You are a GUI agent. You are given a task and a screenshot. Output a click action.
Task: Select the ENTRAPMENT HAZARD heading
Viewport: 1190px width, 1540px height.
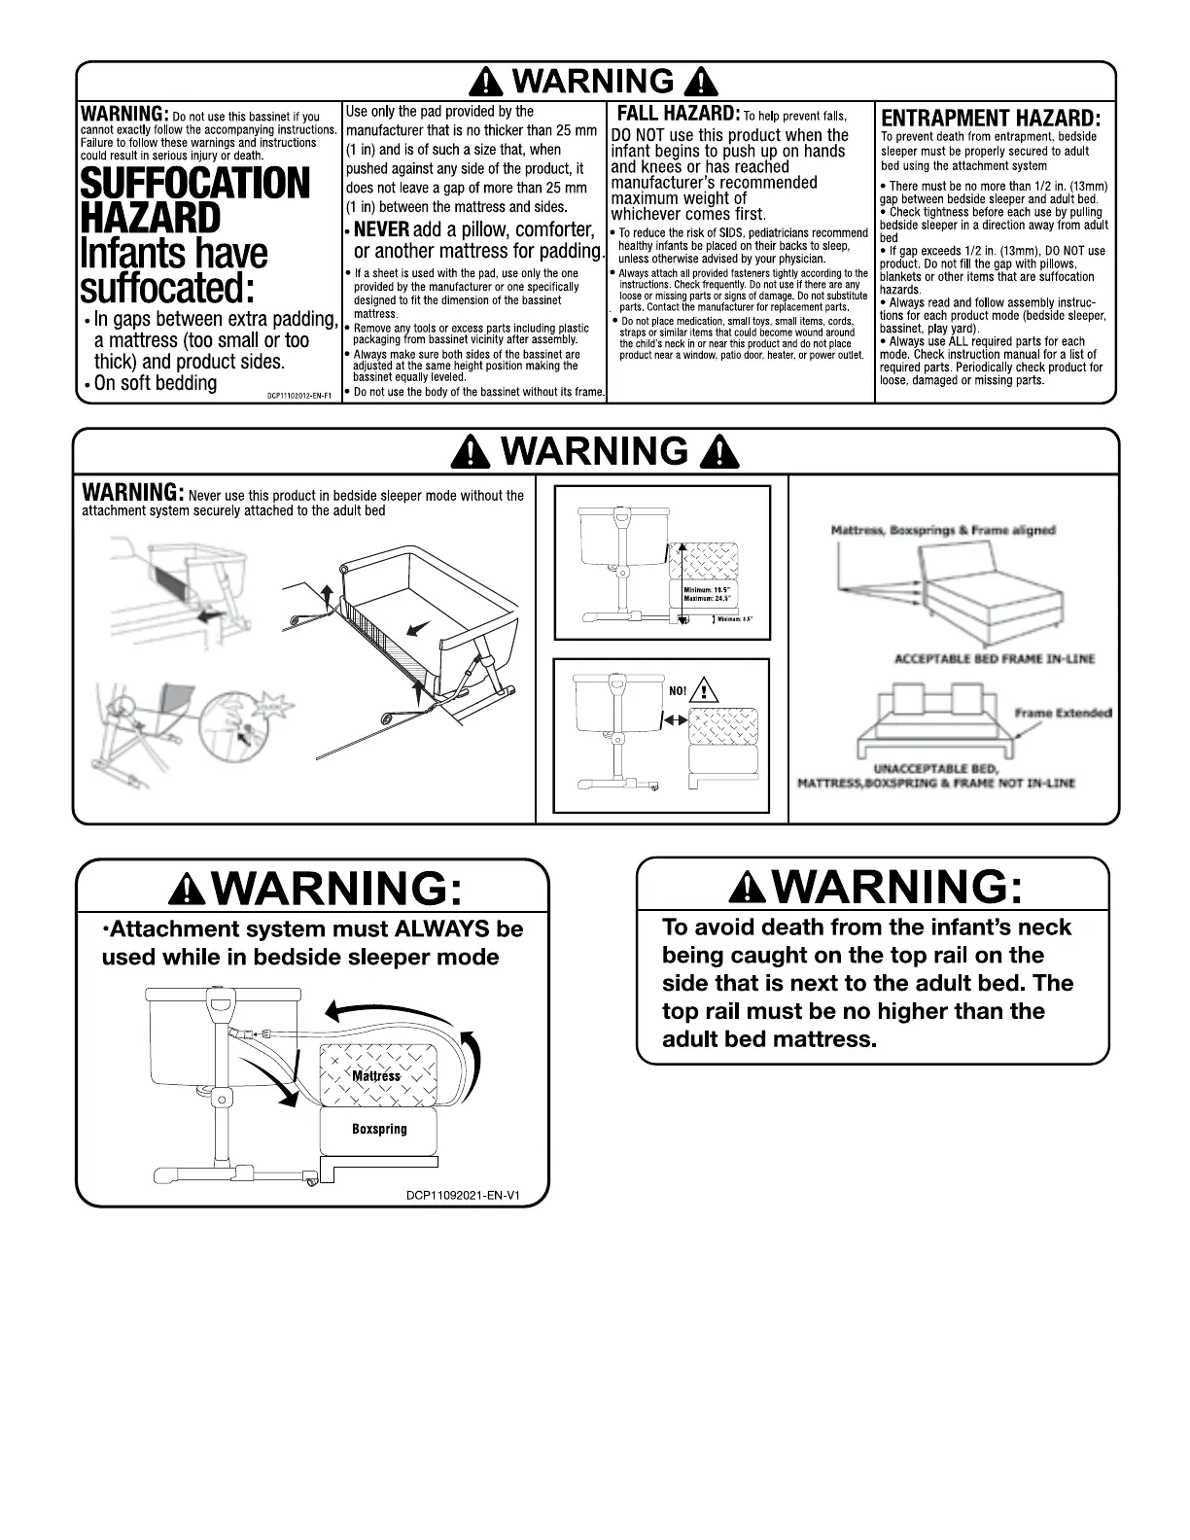click(991, 118)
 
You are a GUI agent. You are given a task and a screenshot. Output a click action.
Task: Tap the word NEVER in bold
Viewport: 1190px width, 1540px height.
click(381, 230)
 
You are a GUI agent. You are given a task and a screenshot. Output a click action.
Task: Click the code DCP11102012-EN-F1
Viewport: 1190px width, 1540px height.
click(300, 396)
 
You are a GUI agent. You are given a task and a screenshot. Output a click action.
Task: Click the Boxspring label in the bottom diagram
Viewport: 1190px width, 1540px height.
click(379, 1130)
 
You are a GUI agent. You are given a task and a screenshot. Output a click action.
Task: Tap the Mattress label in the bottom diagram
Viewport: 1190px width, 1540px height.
click(376, 1076)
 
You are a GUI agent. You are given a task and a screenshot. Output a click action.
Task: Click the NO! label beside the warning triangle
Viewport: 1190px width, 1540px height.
click(677, 692)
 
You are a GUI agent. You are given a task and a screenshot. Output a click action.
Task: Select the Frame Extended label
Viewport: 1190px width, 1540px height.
click(1063, 714)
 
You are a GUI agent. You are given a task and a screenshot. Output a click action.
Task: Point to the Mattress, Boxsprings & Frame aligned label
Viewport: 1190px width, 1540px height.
click(943, 531)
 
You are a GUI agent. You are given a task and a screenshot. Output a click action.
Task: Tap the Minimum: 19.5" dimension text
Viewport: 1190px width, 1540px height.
click(707, 590)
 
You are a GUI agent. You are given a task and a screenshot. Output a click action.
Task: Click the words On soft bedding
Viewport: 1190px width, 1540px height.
click(156, 383)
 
